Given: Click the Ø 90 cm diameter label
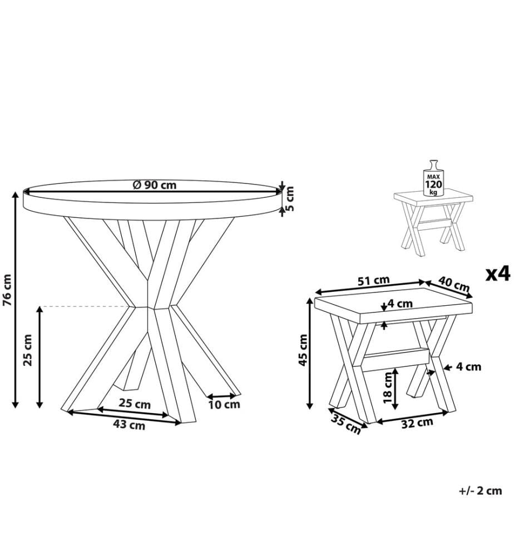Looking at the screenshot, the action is (x=155, y=185).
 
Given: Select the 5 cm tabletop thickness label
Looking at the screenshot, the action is (x=290, y=198).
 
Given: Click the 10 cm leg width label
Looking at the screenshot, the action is (x=224, y=404).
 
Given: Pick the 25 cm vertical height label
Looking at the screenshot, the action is (x=27, y=350).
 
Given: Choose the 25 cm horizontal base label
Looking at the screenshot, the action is (x=135, y=404).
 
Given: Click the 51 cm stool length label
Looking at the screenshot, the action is (x=373, y=280).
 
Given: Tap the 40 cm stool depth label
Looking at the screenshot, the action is (x=454, y=284).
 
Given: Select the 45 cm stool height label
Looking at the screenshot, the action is (x=303, y=350).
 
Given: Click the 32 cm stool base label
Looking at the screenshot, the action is (x=417, y=423).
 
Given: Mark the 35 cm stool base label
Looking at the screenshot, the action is (x=346, y=424).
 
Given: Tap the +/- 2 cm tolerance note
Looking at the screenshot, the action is (x=481, y=491).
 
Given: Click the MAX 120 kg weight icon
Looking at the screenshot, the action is (x=433, y=178).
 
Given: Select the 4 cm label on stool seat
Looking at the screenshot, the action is (x=400, y=304).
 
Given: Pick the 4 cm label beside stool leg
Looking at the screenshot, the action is (x=468, y=366).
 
